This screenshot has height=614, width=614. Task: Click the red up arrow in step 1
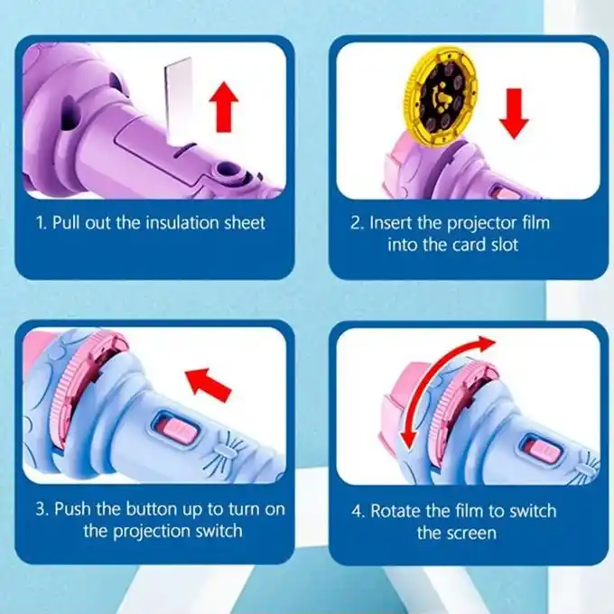point(224,107)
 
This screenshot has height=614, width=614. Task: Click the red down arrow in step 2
point(514,114)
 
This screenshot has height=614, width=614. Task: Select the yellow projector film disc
point(441,96)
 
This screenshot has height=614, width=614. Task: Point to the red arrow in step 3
point(209,385)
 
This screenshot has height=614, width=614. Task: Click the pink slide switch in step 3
point(179,430)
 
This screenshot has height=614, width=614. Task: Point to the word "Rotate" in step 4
point(396,511)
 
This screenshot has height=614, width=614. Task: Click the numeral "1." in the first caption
point(42,223)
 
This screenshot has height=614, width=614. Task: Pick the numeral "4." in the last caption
point(358,511)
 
